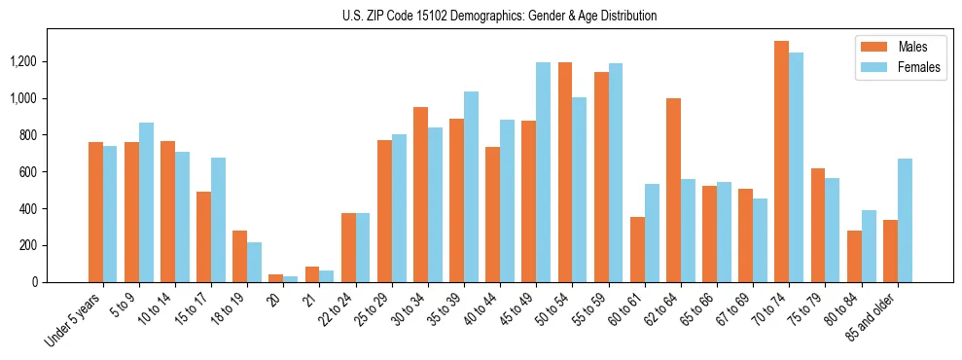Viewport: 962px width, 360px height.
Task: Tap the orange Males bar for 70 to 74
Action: click(781, 162)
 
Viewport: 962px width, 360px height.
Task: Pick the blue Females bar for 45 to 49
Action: click(543, 172)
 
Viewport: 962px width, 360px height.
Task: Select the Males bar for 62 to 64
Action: click(673, 190)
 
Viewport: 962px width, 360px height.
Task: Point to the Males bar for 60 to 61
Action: click(637, 249)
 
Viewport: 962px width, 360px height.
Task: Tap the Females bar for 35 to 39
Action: click(471, 187)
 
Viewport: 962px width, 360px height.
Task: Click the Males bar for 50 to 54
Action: click(565, 172)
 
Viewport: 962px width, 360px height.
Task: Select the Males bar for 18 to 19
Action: click(239, 256)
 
